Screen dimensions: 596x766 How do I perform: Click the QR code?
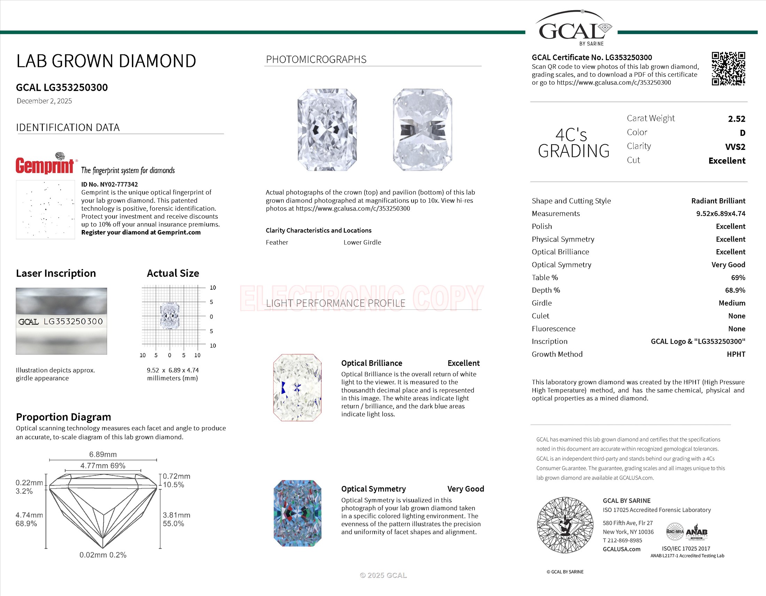(x=728, y=69)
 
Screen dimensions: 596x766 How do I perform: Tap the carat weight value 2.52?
(x=736, y=119)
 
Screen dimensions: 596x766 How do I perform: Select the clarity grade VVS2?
(x=735, y=147)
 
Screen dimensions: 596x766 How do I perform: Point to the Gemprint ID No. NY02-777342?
(x=109, y=184)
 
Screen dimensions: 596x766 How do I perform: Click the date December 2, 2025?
(x=44, y=101)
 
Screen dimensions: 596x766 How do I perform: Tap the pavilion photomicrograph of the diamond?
(x=422, y=130)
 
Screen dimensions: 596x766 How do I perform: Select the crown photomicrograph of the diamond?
(x=327, y=130)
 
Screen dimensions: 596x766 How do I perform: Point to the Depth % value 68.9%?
(x=735, y=290)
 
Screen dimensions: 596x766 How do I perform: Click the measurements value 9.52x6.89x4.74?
(x=720, y=213)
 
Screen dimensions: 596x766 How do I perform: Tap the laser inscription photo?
(x=61, y=321)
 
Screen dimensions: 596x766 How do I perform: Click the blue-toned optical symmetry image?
(x=297, y=513)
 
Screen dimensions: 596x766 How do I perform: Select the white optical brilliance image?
(x=297, y=388)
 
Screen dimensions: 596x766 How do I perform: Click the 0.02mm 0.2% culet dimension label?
(x=103, y=555)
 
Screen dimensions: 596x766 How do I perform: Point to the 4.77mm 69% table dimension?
(x=103, y=466)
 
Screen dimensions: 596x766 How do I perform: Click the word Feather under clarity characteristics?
(x=277, y=242)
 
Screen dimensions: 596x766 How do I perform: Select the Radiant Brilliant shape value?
(x=718, y=201)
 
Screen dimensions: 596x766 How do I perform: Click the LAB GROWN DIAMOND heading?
(x=106, y=61)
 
